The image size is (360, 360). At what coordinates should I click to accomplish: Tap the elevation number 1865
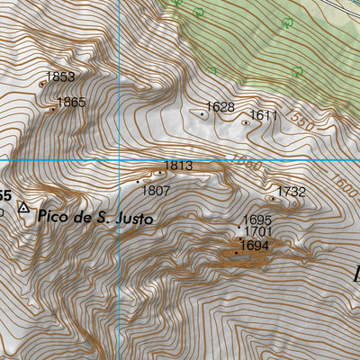click(x=71, y=103)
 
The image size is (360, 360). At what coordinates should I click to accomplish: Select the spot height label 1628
click(x=220, y=107)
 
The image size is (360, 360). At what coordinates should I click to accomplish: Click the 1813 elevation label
click(x=179, y=166)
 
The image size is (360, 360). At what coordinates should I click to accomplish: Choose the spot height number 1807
click(x=157, y=190)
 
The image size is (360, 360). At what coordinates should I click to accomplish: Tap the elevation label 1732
click(x=292, y=192)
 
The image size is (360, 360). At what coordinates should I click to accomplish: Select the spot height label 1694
click(x=255, y=245)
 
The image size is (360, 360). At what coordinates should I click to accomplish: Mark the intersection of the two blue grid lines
click(x=119, y=160)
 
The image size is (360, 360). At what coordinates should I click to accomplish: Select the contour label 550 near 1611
click(x=301, y=123)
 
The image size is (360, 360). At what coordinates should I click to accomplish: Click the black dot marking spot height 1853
click(x=42, y=84)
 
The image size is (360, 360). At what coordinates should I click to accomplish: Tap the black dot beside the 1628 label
click(x=203, y=114)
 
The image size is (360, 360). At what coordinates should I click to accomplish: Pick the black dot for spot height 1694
click(x=236, y=253)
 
